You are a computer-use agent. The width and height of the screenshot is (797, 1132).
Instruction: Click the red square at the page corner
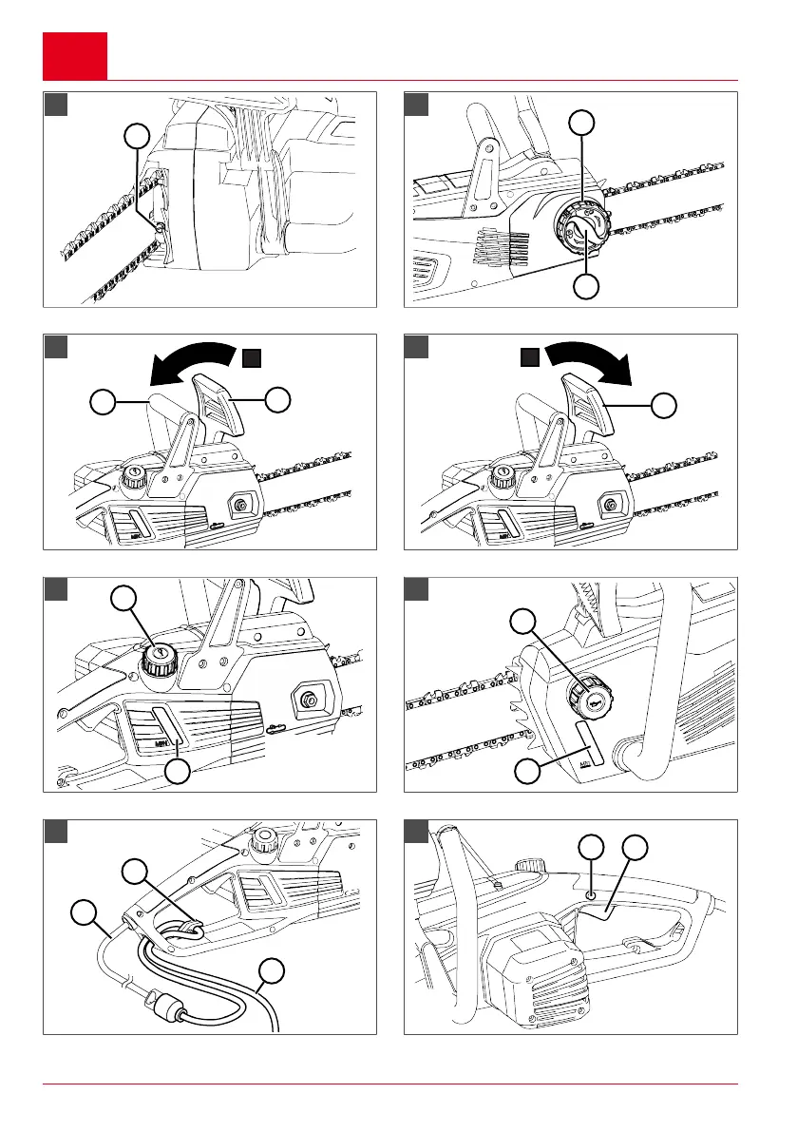tap(75, 56)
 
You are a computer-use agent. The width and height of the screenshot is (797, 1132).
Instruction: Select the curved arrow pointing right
tap(590, 361)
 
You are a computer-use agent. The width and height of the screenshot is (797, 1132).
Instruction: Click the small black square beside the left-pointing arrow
tap(251, 357)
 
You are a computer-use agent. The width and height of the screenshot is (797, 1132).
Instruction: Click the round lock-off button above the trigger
tap(591, 894)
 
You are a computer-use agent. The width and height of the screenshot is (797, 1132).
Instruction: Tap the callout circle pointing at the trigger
tap(634, 849)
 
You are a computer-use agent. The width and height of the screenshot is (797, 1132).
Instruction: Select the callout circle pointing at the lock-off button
tap(592, 849)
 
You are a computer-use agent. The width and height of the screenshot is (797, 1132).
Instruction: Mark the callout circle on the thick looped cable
tap(273, 970)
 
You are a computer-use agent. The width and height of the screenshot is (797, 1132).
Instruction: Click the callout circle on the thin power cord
tap(85, 915)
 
